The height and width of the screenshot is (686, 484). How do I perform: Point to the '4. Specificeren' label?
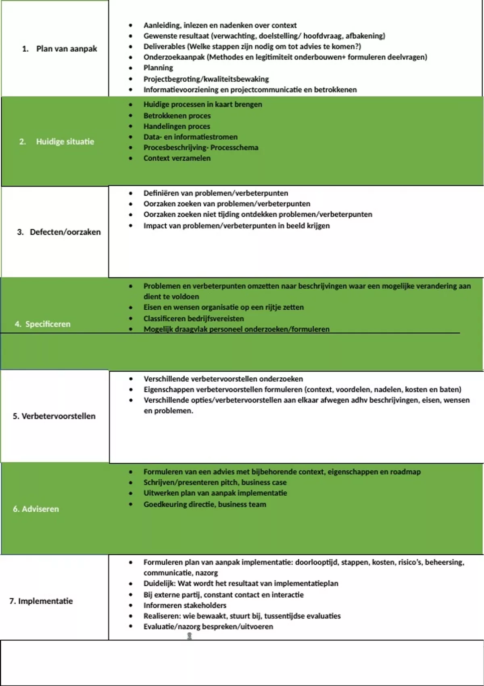(42, 324)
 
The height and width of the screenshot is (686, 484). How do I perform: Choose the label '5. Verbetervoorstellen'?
(54, 416)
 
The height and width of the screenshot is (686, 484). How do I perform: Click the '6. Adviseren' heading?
(36, 509)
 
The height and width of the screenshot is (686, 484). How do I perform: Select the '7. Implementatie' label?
(41, 601)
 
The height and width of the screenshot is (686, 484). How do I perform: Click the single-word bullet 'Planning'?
(158, 68)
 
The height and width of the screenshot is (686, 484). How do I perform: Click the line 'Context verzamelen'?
(177, 158)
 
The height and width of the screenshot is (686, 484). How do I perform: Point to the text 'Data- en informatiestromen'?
(190, 137)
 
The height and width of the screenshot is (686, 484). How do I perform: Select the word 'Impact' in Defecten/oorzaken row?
(155, 226)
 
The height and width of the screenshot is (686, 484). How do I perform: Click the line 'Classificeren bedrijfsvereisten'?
(194, 318)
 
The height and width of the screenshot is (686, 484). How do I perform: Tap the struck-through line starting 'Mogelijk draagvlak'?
(236, 329)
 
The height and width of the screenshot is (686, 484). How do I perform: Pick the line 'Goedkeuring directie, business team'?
(204, 504)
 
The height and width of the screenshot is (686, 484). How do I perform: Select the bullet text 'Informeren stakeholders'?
(185, 605)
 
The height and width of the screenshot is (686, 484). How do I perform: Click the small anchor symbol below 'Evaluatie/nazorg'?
(190, 636)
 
